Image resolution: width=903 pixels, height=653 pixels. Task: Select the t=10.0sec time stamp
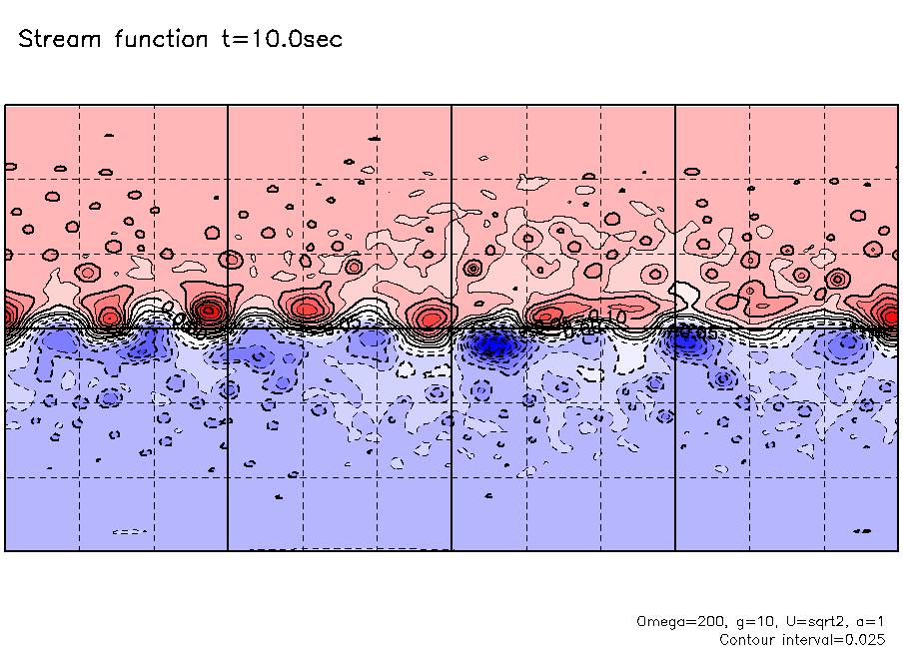click(x=283, y=40)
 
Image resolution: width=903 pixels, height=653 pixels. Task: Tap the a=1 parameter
click(x=867, y=621)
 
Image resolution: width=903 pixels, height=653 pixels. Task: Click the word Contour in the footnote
click(x=748, y=638)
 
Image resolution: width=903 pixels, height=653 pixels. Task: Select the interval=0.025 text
click(x=835, y=638)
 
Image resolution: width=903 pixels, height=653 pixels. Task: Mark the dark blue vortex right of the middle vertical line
click(x=493, y=345)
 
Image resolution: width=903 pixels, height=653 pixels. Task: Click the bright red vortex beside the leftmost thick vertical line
click(x=209, y=311)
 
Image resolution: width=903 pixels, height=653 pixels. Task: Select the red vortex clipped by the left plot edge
click(x=9, y=316)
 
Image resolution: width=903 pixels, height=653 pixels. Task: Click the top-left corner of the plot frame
click(x=5, y=105)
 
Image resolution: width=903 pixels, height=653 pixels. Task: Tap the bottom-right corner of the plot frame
click(x=898, y=550)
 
